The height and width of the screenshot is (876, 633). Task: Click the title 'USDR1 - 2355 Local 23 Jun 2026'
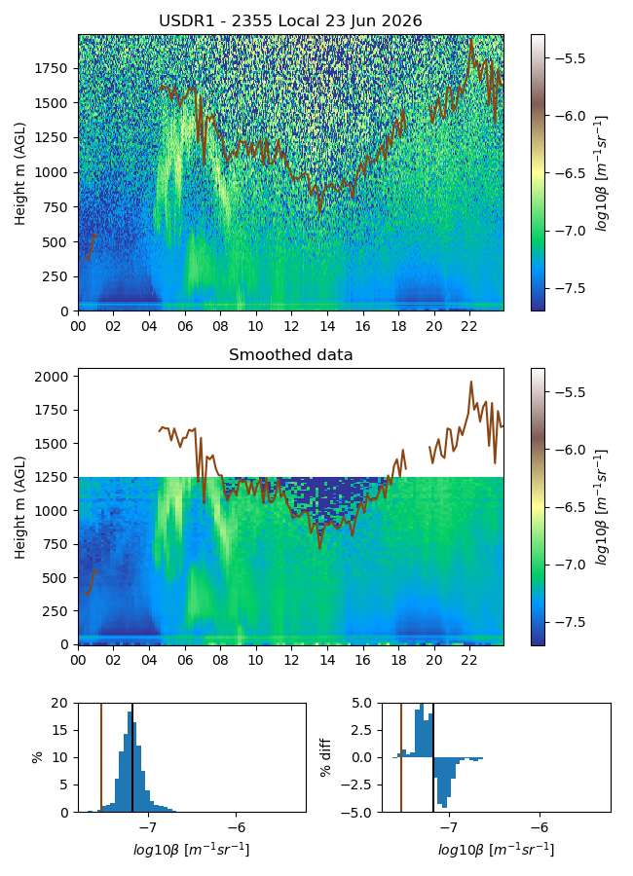pos(290,21)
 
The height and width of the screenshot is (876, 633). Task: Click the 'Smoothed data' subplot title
pos(290,354)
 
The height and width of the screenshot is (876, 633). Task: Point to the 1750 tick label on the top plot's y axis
pos(51,69)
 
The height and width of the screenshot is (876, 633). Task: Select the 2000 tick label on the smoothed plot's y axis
pos(51,377)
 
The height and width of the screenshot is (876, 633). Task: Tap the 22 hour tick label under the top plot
pos(469,326)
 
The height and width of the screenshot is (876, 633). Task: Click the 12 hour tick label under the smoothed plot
pos(291,660)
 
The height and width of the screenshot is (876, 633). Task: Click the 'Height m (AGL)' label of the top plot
pos(20,173)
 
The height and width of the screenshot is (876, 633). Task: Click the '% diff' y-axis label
pos(325,757)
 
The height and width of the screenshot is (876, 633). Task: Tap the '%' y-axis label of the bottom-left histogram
pos(37,757)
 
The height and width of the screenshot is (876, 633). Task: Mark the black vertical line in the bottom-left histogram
pos(132,757)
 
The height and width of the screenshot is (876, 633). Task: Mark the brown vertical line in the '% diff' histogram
pos(401,757)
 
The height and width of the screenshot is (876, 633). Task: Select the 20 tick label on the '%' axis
pos(59,704)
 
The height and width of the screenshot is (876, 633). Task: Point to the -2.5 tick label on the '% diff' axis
pos(360,785)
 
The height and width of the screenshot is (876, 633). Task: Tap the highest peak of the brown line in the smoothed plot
pos(470,382)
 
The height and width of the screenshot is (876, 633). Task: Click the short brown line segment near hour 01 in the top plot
pos(91,247)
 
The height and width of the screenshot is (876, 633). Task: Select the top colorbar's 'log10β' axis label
pos(601,173)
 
